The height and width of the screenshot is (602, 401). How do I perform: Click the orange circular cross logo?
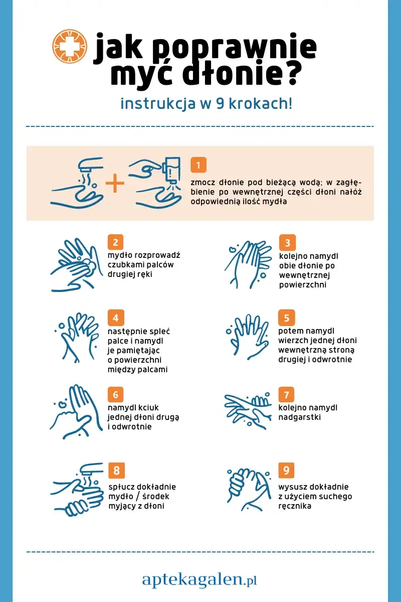(70, 47)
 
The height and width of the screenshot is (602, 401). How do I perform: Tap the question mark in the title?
(290, 73)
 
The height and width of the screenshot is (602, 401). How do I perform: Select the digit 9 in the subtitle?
(220, 104)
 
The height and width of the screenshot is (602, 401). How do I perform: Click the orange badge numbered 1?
(198, 165)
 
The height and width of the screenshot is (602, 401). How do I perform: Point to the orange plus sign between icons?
(115, 183)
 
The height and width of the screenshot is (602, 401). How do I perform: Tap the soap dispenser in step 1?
(172, 170)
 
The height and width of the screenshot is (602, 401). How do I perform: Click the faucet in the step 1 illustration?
(90, 165)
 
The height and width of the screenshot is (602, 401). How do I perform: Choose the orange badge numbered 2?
(115, 242)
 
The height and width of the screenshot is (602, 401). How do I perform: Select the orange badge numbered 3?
(287, 242)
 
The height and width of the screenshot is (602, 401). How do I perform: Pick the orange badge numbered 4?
(116, 318)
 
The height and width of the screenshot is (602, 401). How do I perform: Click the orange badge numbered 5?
(287, 318)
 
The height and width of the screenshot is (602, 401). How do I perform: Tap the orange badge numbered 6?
(115, 394)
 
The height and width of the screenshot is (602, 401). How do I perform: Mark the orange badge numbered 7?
(286, 394)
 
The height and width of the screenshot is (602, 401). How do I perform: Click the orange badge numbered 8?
(116, 471)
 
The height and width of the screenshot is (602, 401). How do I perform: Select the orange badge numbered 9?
(286, 470)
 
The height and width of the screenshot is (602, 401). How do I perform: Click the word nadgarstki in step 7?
(299, 417)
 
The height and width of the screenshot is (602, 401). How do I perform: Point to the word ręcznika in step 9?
(295, 506)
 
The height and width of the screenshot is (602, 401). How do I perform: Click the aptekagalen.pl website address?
(199, 579)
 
